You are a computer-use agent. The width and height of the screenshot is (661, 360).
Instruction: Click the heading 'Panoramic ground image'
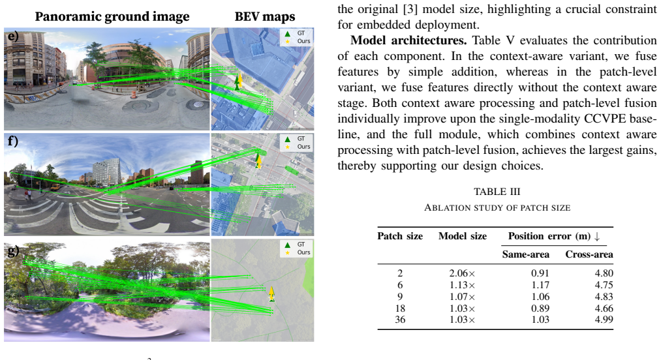[112, 17]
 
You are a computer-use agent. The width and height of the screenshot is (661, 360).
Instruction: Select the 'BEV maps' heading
[265, 16]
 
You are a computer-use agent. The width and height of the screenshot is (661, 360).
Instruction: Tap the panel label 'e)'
[14, 37]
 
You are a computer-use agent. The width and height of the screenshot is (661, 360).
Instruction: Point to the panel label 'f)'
[13, 141]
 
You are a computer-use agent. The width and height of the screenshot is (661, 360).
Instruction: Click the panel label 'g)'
[14, 250]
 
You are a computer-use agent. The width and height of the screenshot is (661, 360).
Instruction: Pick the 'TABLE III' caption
[497, 192]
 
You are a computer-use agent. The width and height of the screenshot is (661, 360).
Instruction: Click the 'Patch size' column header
[400, 236]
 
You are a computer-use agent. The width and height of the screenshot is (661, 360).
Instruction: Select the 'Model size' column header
[463, 236]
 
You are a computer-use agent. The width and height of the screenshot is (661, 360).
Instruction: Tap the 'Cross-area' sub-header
[589, 254]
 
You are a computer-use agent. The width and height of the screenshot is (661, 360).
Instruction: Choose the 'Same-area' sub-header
[526, 254]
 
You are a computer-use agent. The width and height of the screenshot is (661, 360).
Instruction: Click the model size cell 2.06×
[463, 273]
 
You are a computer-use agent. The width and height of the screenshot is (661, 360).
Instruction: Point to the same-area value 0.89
[540, 308]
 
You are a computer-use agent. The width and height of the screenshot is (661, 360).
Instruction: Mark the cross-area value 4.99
[604, 320]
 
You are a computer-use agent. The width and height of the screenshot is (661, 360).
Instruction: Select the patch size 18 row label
[400, 308]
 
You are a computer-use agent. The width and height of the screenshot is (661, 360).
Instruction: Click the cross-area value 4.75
[604, 285]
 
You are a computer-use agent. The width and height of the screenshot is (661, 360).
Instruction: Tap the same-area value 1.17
[540, 285]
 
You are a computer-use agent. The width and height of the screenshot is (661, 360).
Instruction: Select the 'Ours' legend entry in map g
[303, 252]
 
